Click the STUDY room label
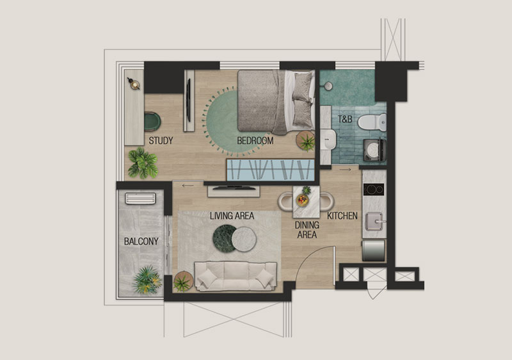click(161, 141)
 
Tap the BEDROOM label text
click(255, 141)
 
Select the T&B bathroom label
click(345, 119)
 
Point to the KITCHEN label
click(342, 216)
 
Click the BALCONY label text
click(141, 241)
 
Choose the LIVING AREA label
click(232, 216)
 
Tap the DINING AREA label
click(307, 230)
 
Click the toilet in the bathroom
click(372, 122)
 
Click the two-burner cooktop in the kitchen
click(374, 190)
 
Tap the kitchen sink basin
click(374, 221)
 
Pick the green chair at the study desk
click(152, 122)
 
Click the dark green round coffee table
click(225, 238)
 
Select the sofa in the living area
click(236, 276)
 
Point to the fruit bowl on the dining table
click(302, 200)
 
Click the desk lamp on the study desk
click(134, 84)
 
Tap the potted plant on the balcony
click(147, 280)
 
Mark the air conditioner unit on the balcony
click(140, 199)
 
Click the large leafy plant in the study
click(143, 163)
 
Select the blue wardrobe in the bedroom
click(270, 170)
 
